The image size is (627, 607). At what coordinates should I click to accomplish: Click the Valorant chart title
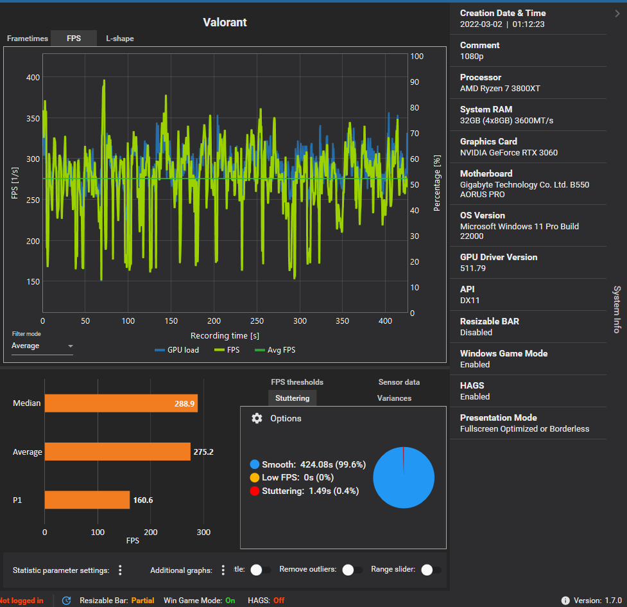(225, 22)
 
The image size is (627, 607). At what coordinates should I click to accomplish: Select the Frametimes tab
(28, 39)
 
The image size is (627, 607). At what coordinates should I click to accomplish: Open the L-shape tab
(120, 39)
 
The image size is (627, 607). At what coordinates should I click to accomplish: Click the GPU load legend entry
(177, 350)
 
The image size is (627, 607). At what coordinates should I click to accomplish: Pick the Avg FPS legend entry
(275, 350)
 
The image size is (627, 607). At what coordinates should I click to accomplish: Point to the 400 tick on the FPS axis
(33, 78)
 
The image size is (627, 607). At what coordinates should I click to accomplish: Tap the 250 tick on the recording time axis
(257, 321)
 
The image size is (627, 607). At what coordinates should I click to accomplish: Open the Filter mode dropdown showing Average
(42, 346)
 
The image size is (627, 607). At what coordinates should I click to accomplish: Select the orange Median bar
(121, 403)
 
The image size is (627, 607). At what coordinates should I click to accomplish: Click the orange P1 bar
(87, 500)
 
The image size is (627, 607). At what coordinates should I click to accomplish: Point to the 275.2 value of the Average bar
(203, 452)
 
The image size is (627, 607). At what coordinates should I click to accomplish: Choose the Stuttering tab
(292, 398)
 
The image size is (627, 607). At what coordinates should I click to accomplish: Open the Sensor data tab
(399, 382)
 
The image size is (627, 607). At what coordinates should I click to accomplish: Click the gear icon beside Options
(257, 418)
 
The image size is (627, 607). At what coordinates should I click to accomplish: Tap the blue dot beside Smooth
(255, 464)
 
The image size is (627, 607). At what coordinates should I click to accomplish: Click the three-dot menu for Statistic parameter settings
(120, 570)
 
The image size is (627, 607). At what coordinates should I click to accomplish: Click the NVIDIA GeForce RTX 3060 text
(509, 153)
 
